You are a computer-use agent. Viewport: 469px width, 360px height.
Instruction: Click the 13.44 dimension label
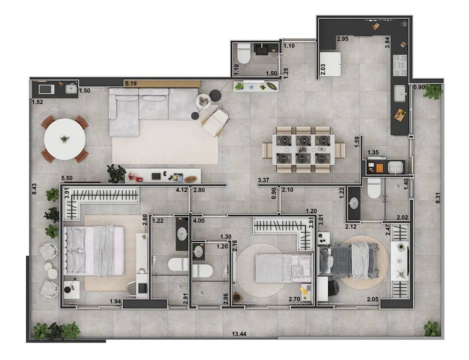coord(239,334)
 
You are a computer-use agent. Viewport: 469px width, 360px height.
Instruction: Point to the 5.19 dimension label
coord(131,84)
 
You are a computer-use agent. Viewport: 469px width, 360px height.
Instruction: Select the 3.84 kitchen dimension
coord(387,43)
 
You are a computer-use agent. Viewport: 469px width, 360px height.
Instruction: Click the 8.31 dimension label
coord(438,198)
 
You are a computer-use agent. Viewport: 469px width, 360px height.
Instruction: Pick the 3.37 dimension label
coord(264,180)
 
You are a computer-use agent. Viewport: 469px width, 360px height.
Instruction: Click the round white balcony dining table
coord(65,139)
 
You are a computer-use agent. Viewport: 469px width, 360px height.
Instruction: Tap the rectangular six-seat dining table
coord(303,149)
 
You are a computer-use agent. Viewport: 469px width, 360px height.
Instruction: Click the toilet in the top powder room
coord(243,53)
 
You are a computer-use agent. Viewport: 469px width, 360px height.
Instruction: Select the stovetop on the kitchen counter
coord(400,65)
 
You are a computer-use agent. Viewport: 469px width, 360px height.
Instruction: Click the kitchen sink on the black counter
coord(400,94)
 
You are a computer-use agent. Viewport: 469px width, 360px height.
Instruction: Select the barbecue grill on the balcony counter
coord(46,89)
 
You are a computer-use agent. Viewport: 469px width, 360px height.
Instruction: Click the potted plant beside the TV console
coord(116,173)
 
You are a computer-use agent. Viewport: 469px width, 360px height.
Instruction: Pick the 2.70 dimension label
coord(295,299)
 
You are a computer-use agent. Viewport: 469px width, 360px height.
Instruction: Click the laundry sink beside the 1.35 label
coord(395,167)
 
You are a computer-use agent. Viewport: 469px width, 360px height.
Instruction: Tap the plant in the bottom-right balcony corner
coord(432,329)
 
